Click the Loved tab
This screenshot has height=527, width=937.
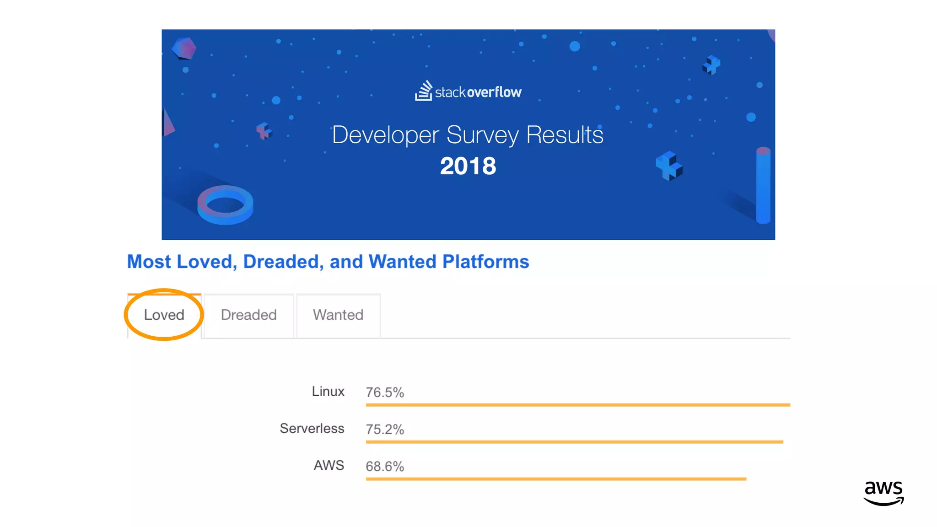[x=164, y=315]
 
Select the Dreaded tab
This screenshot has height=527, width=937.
[x=248, y=315]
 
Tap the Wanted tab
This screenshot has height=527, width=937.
[x=338, y=315]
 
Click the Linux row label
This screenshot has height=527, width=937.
[x=328, y=392]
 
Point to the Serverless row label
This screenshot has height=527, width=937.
[x=312, y=429]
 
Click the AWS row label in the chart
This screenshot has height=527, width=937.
[x=328, y=465]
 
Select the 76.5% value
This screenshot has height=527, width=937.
[x=385, y=393]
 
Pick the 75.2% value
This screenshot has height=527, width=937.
[x=385, y=430]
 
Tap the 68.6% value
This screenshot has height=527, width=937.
[x=385, y=467]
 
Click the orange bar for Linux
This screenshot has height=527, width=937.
[x=577, y=405]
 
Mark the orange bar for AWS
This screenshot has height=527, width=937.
[x=556, y=479]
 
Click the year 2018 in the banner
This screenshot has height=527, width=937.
[x=468, y=166]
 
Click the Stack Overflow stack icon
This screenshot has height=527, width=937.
[x=424, y=91]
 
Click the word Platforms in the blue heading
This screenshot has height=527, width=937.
[x=485, y=262]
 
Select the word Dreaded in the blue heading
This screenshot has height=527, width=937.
[x=280, y=262]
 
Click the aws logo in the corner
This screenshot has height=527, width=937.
[x=883, y=493]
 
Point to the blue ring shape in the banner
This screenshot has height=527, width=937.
[x=225, y=204]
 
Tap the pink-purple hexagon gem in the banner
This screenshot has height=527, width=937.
[x=184, y=48]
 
